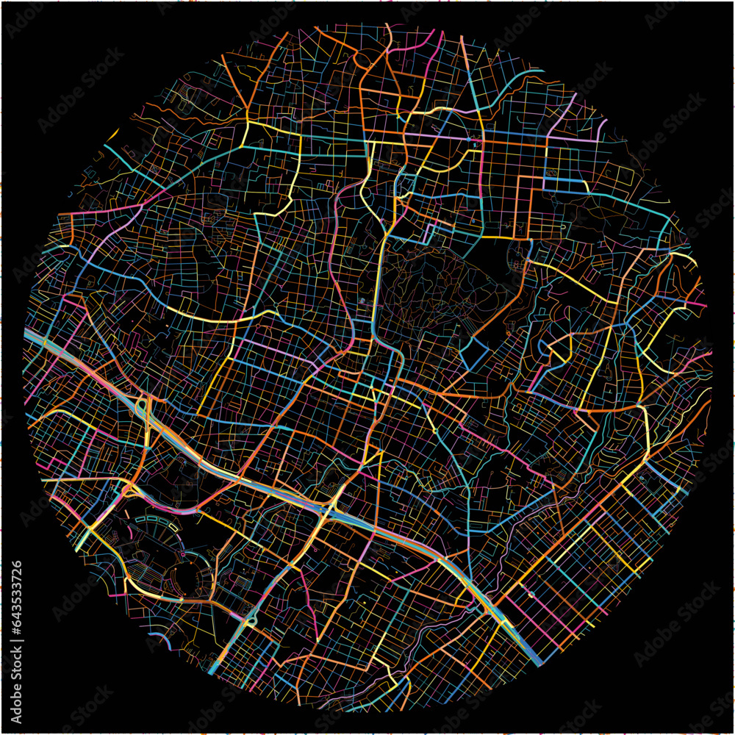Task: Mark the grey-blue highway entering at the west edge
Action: point(33,337)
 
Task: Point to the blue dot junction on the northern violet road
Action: point(467,139)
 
